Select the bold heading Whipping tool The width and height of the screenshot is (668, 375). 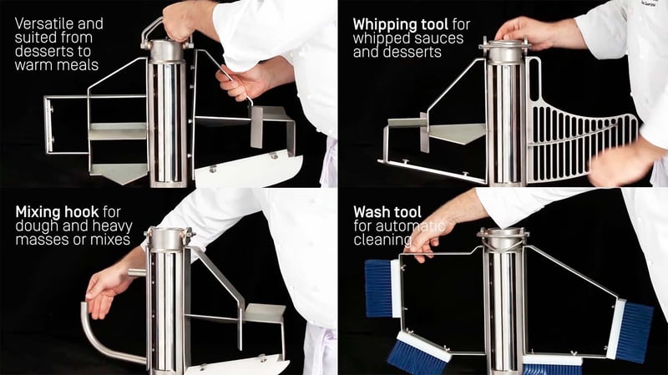(x=402, y=24)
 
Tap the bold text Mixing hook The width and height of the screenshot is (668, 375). (x=58, y=212)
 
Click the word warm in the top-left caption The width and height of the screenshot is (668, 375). (x=34, y=63)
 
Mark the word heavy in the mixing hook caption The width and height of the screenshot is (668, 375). (x=94, y=226)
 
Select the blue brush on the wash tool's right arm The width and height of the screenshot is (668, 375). (x=634, y=331)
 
